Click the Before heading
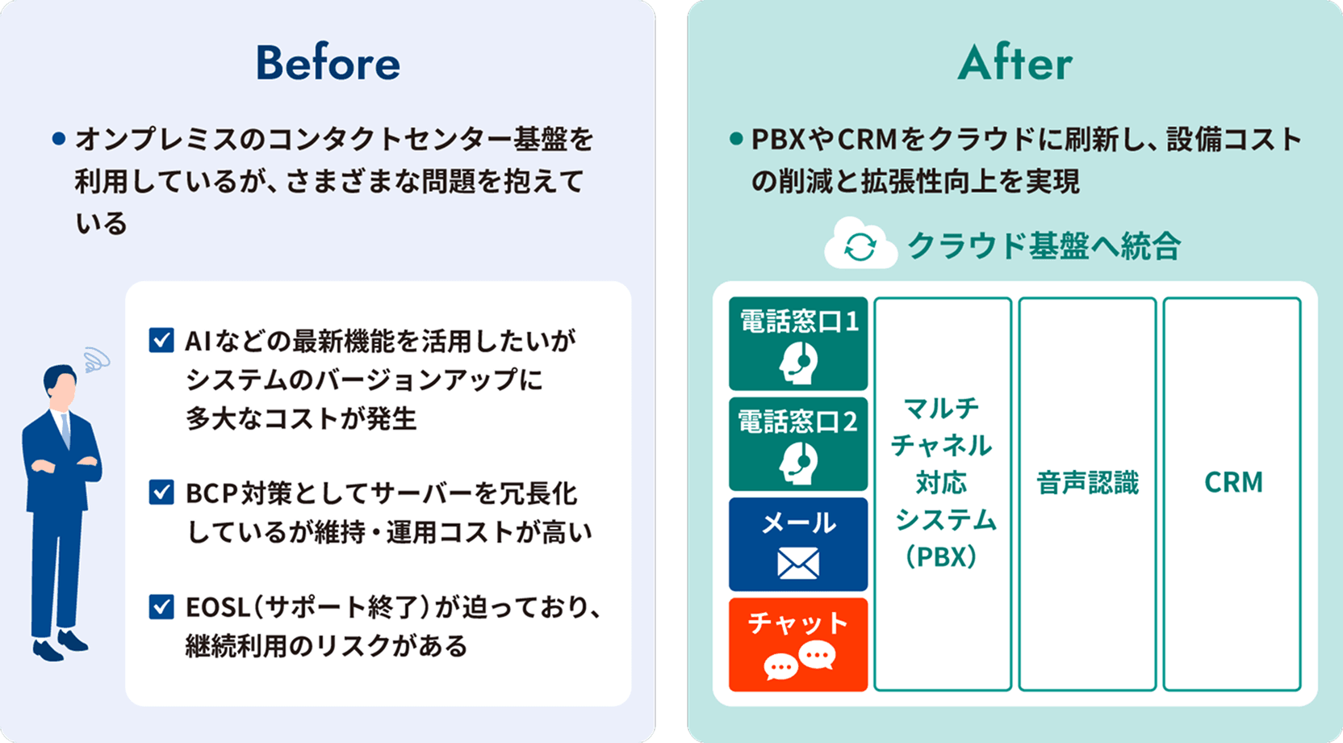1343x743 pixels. pos(328,63)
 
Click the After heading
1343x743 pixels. pos(1015,63)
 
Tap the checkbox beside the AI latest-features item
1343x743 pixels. pos(161,340)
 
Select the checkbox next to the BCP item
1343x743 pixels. pos(161,492)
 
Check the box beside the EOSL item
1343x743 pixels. pos(161,606)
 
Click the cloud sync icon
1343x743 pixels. pos(860,246)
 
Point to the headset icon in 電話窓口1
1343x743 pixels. pos(798,363)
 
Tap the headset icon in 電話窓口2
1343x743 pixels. pos(798,463)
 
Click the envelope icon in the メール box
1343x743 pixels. pos(798,563)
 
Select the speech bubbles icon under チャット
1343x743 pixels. pos(798,661)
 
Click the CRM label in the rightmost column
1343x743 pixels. pos(1232,483)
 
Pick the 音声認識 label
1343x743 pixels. pos(1087,483)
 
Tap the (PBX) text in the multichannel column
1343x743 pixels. pos(942,556)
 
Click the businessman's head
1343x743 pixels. pos(61,386)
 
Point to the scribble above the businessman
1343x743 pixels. pos(96,359)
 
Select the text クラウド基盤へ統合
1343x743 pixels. pos(1044,246)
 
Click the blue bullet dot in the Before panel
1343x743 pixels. pos(58,139)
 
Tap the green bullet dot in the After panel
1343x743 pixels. pos(735,139)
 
